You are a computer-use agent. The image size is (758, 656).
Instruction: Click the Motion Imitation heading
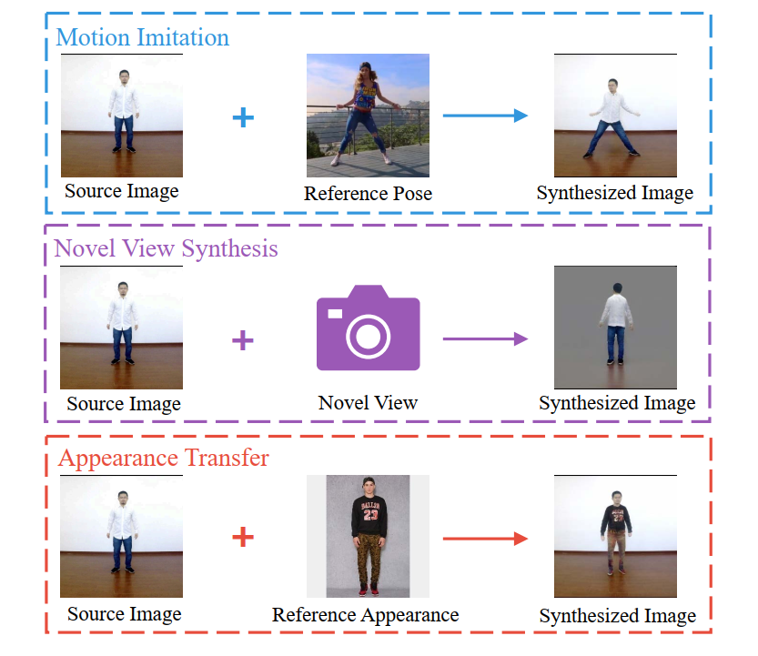pos(142,38)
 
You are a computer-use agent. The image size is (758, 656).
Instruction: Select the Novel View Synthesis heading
pos(167,248)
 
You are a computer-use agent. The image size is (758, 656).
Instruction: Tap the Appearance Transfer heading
pos(164,457)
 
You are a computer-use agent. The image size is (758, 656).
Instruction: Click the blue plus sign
pos(243,116)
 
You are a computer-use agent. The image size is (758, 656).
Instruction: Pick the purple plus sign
pos(243,340)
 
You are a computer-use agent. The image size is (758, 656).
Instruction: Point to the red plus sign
pos(243,538)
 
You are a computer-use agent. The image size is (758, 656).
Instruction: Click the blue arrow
pos(485,116)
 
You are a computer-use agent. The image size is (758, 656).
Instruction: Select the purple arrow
pos(485,339)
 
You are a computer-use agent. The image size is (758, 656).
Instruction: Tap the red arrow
pos(485,538)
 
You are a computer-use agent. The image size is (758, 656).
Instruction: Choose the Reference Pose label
pos(368,194)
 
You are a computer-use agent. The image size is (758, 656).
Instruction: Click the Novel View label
pos(368,402)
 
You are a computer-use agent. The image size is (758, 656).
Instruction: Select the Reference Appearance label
pos(365,616)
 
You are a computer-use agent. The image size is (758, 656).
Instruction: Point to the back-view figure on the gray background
pos(616,328)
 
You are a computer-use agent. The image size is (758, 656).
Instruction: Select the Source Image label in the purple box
pos(124,404)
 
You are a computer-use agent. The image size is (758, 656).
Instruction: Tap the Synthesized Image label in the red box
pos(617,616)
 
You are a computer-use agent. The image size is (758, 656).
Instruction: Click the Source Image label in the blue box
pos(122,191)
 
